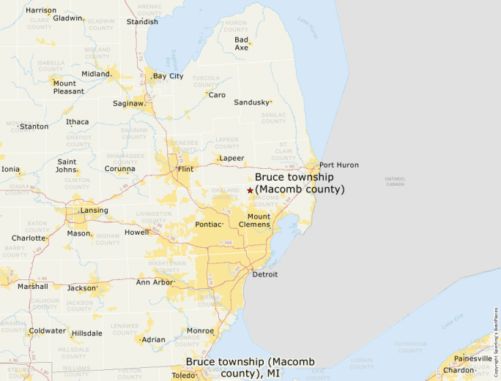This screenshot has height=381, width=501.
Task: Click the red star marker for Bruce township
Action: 250,190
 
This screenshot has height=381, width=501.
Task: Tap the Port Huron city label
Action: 338,165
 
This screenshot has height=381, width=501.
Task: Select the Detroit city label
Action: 264,275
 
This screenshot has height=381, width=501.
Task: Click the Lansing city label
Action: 94,211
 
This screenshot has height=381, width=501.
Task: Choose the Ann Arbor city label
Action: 155,282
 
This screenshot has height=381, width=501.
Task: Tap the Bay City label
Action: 168,76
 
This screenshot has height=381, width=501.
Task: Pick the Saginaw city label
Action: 129,104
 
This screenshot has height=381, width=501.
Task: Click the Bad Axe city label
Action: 241,43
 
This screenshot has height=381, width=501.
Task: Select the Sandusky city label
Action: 251,102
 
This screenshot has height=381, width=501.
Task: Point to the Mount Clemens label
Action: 259,220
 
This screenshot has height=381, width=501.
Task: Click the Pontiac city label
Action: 208,225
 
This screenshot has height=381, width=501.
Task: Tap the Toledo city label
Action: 183,375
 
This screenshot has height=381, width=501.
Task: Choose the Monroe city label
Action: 200,331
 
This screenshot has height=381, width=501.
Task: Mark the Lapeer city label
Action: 231,158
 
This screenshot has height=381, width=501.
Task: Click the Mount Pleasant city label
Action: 68,87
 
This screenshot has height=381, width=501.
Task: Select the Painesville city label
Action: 473,358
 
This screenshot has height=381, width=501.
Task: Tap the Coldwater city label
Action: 46,331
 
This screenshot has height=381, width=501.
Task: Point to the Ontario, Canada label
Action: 394,181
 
